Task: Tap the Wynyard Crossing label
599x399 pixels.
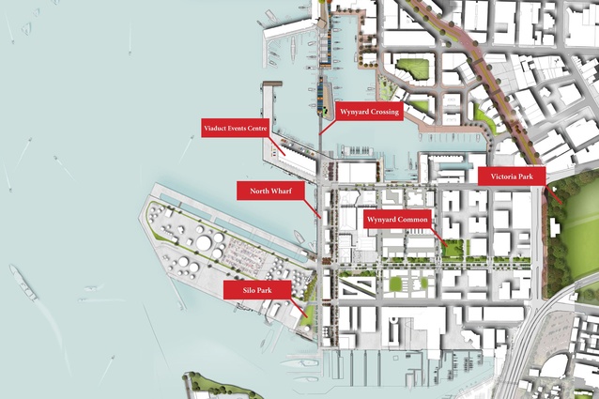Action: [x=368, y=112]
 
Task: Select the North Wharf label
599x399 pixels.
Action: [x=271, y=192]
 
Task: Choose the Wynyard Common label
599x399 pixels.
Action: [x=398, y=220]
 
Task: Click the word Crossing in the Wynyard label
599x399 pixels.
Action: [x=385, y=112]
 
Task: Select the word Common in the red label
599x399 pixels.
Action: [x=413, y=220]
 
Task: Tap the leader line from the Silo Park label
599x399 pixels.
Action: [x=299, y=302]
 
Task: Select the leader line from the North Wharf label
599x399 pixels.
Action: [x=313, y=208]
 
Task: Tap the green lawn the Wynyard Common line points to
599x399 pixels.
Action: [x=454, y=249]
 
